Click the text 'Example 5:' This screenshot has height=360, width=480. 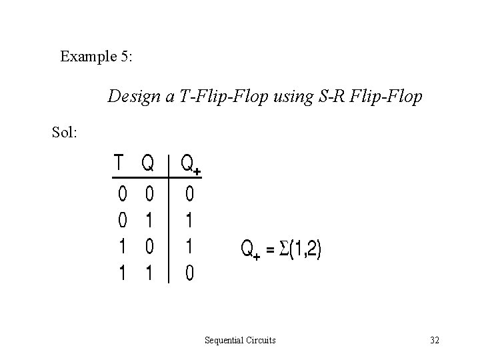(x=96, y=56)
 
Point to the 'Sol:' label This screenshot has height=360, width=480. (x=65, y=133)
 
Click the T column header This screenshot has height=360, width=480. (x=120, y=163)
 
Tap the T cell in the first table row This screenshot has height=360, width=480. (x=122, y=194)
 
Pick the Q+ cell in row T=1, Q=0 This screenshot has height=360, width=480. (x=190, y=246)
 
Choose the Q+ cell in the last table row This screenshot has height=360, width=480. (x=190, y=272)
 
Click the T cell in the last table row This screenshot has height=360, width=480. (x=122, y=272)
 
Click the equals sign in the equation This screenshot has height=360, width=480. (x=269, y=251)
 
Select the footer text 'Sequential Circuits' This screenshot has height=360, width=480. (x=240, y=341)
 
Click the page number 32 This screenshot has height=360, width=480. (x=435, y=341)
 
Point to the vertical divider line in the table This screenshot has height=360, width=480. (x=169, y=220)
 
